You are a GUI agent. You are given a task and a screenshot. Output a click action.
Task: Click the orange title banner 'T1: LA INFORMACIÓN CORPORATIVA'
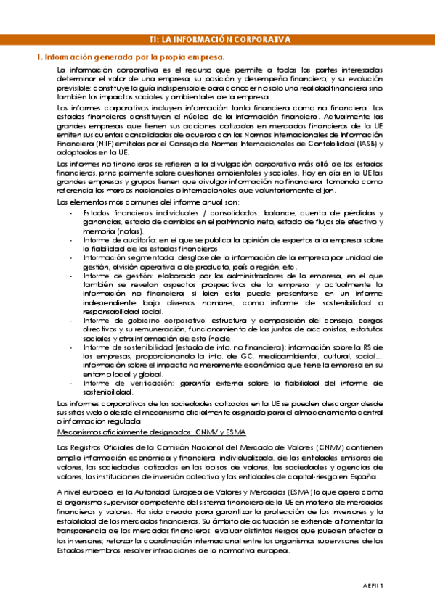(x=217, y=40)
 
